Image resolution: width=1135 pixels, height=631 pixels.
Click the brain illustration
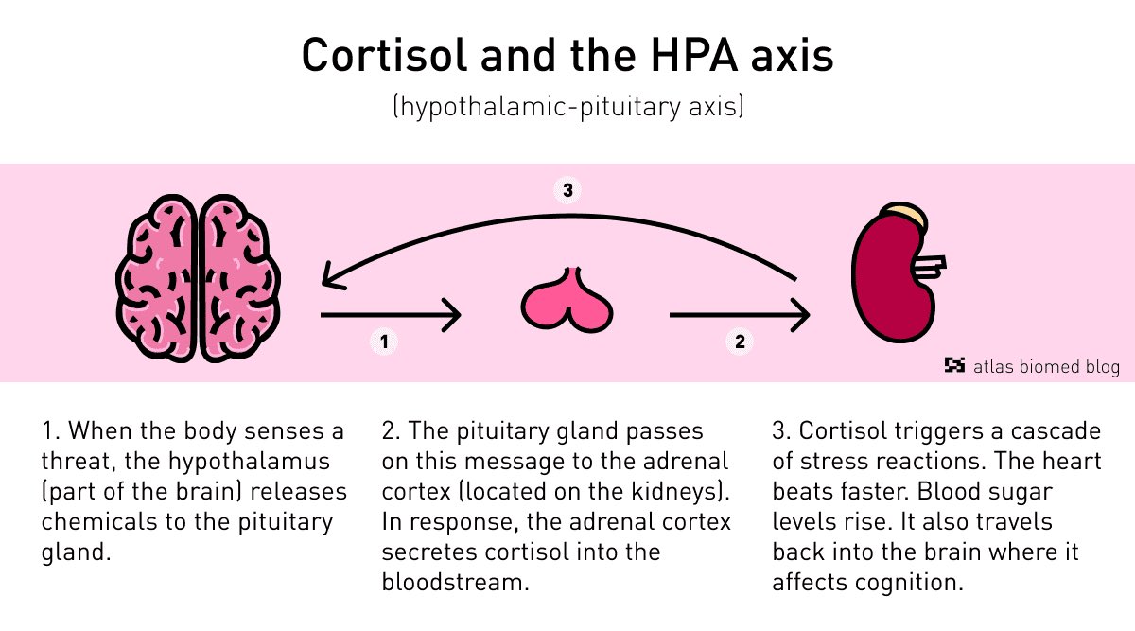tap(198, 278)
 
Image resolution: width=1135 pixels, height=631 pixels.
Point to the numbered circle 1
tap(384, 342)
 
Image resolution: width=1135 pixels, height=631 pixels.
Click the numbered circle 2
tap(740, 342)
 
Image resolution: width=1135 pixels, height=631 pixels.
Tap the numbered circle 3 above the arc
tap(567, 190)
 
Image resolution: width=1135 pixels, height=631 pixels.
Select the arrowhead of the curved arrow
tap(332, 278)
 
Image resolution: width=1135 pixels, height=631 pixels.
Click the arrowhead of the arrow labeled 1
tap(451, 315)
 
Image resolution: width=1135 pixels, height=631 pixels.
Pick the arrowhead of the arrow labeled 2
tap(800, 315)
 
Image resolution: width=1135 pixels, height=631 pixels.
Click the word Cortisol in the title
tap(384, 55)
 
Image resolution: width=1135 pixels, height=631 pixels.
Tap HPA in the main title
tap(694, 55)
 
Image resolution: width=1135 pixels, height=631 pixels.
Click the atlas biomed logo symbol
tap(954, 365)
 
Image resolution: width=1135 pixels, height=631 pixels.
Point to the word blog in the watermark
tap(1103, 367)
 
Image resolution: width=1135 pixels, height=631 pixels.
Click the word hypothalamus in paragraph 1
tap(249, 463)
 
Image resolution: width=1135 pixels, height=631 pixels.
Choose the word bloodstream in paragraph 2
tap(455, 582)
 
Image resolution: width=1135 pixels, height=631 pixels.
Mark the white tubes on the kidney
tap(929, 267)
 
